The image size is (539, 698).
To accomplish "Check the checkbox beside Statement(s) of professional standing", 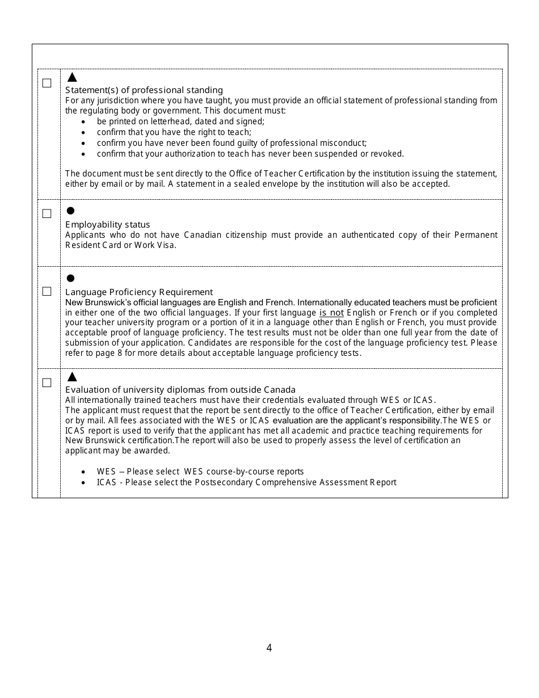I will (47, 83).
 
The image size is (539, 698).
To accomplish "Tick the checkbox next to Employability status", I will (47, 214).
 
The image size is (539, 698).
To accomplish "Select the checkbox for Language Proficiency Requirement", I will (47, 292).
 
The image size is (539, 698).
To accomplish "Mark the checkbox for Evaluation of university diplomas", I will (47, 383).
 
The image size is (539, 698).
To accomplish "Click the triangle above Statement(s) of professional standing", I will (72, 77).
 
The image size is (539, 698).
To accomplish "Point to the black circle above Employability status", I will (71, 211).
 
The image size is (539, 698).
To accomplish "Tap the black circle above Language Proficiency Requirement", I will (71, 278).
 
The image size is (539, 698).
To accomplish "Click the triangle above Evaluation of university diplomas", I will (72, 377).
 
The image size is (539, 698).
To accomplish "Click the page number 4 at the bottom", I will (269, 648).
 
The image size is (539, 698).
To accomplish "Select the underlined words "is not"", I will (331, 313).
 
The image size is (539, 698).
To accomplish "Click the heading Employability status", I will (107, 225).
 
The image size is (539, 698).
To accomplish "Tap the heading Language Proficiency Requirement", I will (139, 292).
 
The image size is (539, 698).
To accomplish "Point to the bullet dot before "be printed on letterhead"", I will (83, 121).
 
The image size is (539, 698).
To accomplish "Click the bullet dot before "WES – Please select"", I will (83, 472).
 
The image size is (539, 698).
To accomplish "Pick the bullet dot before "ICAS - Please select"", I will (83, 482).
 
